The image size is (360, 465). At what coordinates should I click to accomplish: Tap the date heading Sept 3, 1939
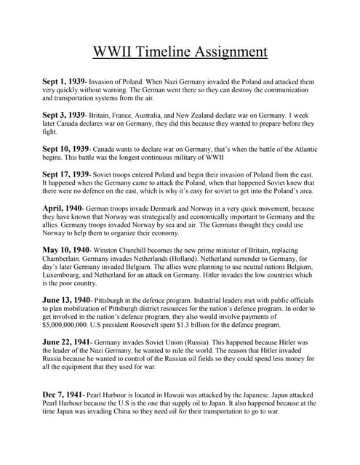tap(64, 115)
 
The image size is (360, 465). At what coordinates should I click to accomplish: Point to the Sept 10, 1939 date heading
tap(66, 148)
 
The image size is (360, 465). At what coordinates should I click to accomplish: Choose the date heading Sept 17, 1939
tap(66, 174)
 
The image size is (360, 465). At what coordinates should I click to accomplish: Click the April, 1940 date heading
tap(62, 207)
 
